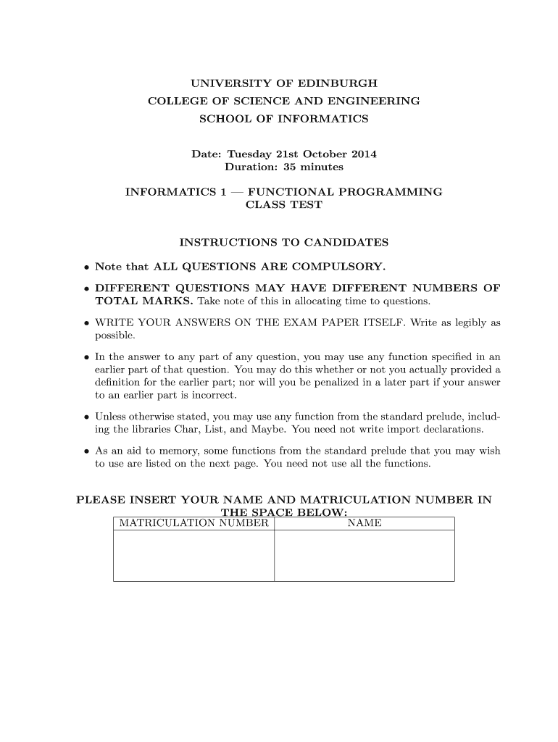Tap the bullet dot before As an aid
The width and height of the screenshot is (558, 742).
point(86,451)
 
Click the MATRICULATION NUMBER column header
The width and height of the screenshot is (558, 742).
point(193,523)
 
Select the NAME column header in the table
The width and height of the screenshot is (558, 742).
point(365,523)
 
